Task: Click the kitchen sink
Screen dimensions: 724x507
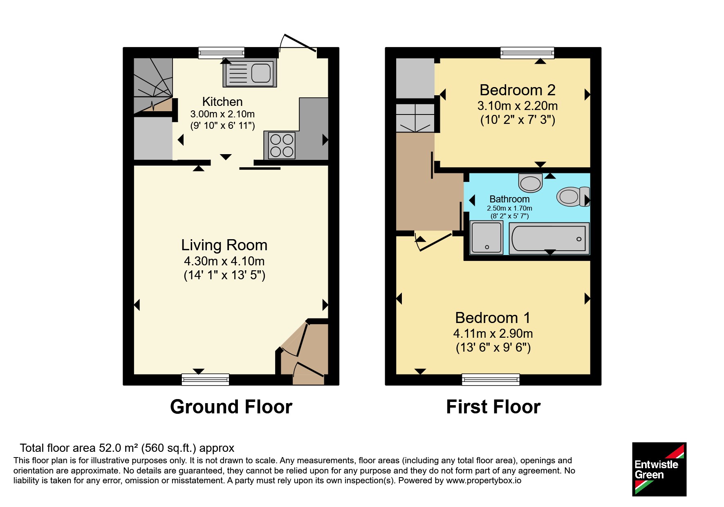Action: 249,73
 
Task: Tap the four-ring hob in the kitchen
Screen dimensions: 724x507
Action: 282,146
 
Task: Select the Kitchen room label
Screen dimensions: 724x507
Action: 222,101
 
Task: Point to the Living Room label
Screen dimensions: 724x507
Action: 224,245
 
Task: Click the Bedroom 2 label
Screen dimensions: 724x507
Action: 517,90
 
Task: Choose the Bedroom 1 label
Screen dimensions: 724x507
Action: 493,318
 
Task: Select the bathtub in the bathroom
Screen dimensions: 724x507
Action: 549,238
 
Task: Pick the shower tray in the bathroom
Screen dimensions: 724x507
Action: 486,238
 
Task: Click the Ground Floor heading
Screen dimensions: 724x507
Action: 231,407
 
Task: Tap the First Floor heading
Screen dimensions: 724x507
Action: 493,407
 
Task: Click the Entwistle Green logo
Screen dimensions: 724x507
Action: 659,469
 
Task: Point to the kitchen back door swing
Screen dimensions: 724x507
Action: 297,43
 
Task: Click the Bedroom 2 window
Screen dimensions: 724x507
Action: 527,53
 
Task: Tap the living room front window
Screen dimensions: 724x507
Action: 205,379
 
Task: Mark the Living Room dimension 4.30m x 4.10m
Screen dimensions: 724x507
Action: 224,261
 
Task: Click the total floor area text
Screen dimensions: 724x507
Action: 127,448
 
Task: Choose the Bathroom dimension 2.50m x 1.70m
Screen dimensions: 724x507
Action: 509,208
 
